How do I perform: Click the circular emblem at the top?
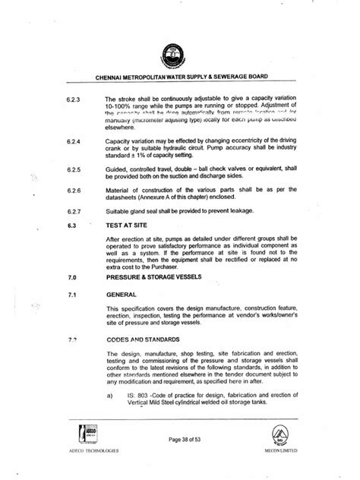tap(179, 55)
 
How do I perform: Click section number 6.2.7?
tap(74, 210)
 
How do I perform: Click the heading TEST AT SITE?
tap(128, 226)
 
